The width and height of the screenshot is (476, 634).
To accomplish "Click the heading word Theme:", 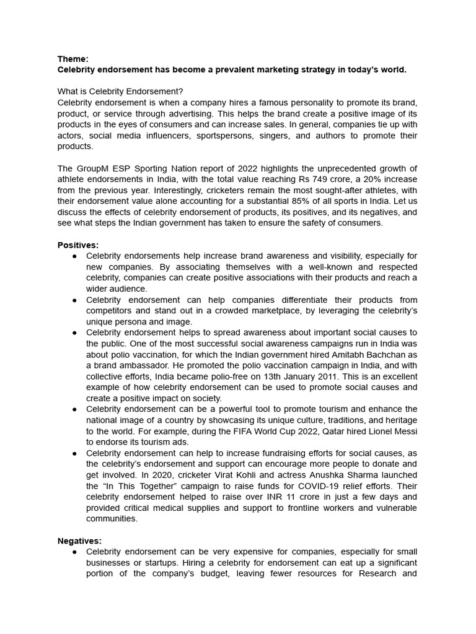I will [73, 59].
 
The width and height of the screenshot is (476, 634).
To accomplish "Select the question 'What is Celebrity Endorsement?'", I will [120, 91].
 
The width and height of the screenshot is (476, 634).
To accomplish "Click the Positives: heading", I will [78, 245].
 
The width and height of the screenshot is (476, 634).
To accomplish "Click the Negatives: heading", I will [79, 541].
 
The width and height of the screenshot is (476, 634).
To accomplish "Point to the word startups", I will [153, 563].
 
